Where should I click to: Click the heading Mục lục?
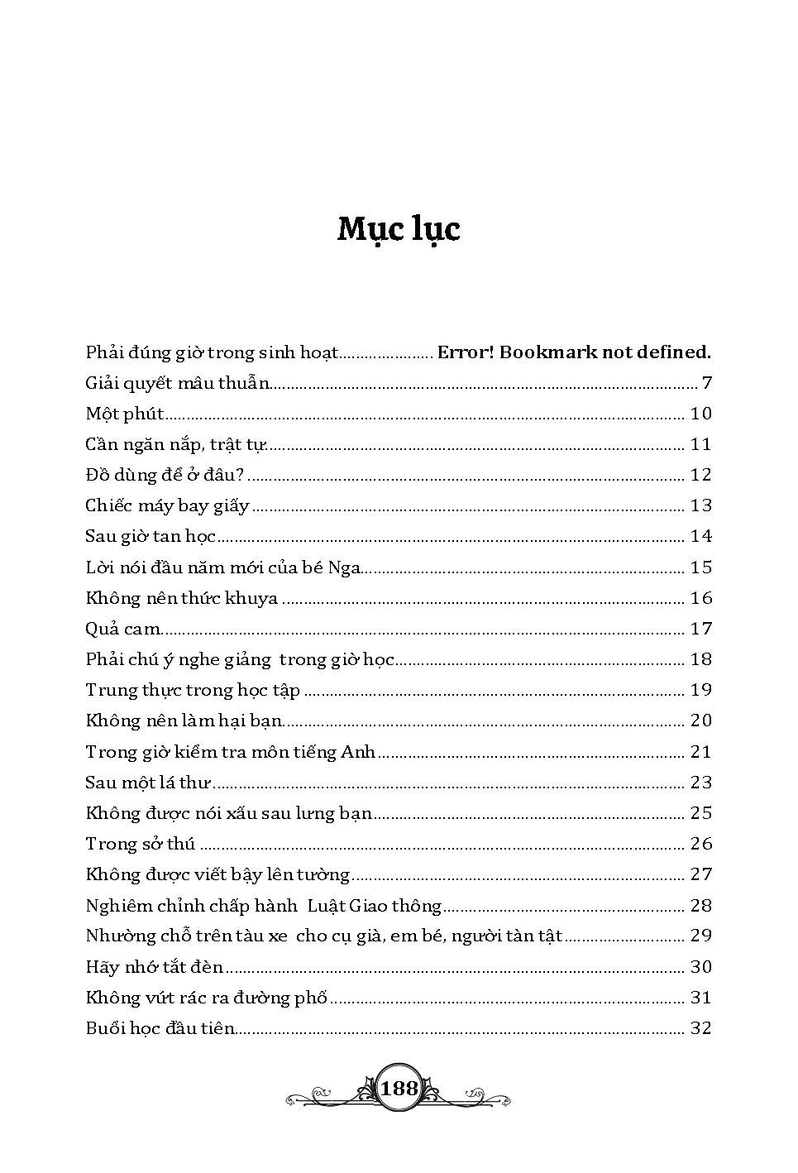coord(399,229)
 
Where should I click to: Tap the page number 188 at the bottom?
coord(399,1088)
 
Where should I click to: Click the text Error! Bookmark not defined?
coord(574,352)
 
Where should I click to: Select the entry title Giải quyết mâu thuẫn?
coord(178,383)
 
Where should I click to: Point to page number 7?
coord(706,383)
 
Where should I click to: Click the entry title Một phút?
coord(125,414)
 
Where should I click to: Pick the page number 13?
coord(700,505)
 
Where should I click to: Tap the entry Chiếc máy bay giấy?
coord(167,505)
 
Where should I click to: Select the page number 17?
coord(700,629)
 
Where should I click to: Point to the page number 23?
coord(700,783)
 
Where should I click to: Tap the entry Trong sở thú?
coord(140,844)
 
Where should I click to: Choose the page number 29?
coord(700,936)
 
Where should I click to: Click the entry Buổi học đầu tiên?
coord(160,1029)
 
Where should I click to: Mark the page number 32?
coord(700,1029)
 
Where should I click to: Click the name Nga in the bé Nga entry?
coord(345,567)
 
